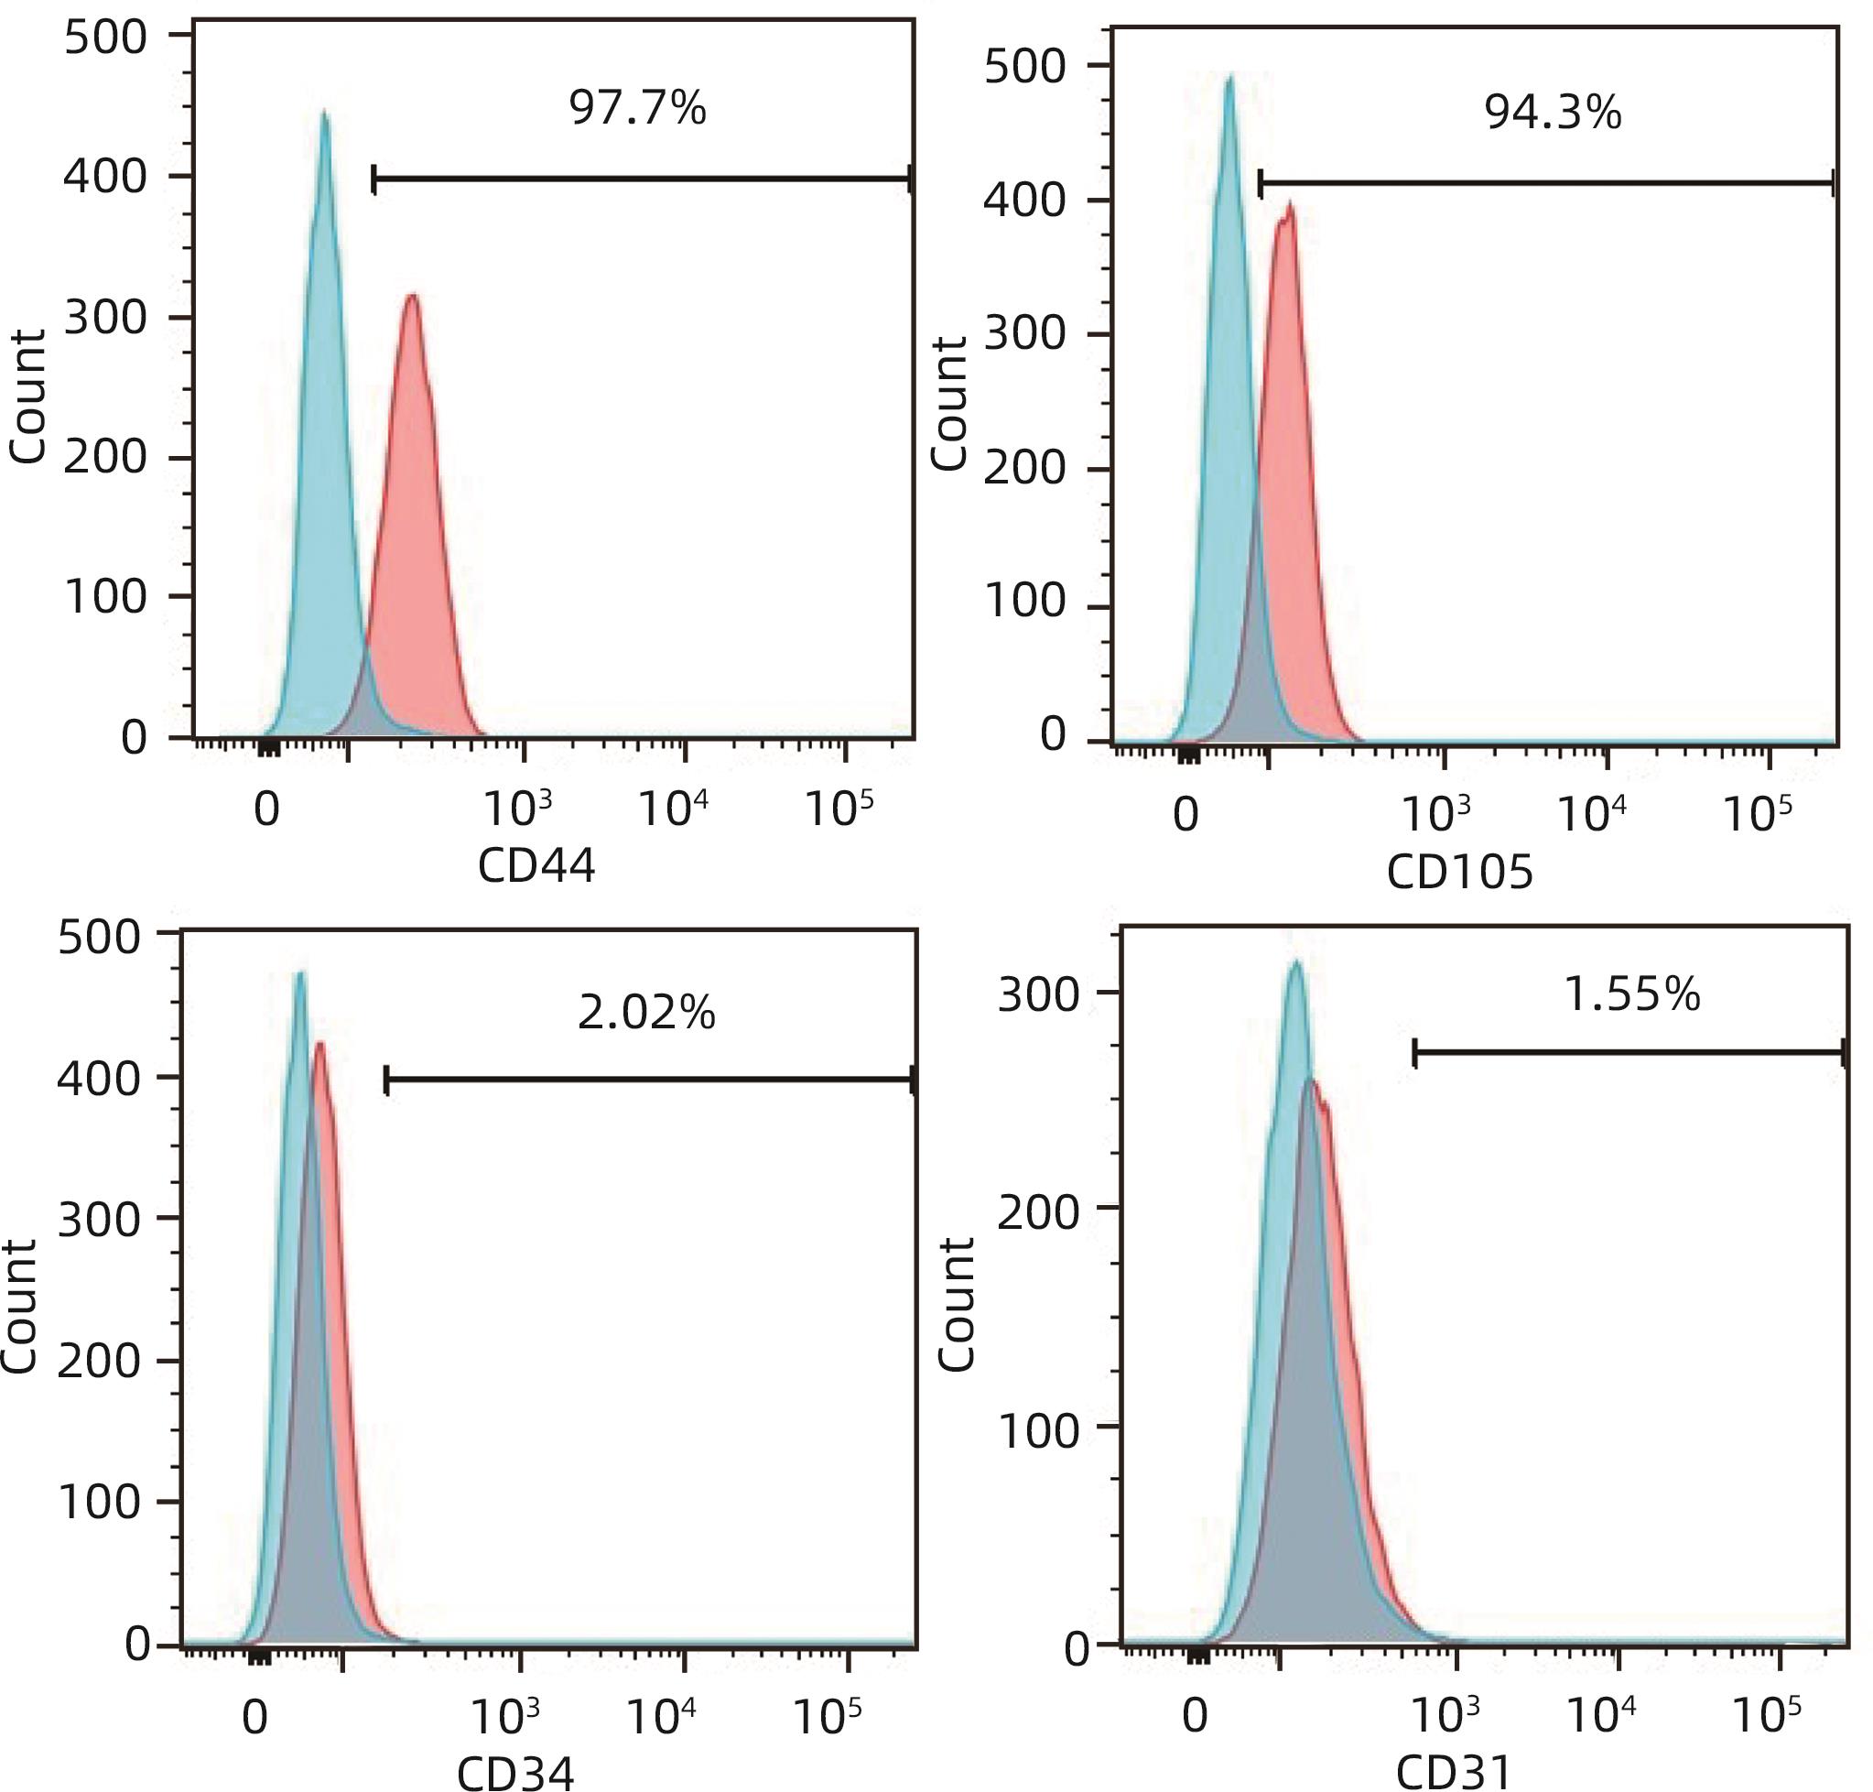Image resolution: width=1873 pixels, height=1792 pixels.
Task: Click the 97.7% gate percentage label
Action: tap(637, 108)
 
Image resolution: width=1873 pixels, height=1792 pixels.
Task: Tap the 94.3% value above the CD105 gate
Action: tap(1552, 114)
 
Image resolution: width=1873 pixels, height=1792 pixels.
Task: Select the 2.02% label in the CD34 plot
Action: tap(645, 1013)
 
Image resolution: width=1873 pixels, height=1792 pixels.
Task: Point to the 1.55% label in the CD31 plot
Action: tap(1631, 994)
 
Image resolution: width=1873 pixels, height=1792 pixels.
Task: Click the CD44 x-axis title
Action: tap(536, 866)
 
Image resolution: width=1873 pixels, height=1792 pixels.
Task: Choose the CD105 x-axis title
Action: tap(1458, 871)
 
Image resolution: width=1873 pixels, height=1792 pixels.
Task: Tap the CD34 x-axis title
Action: tap(515, 1773)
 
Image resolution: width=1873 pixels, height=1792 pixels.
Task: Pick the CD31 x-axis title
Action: tap(1454, 1773)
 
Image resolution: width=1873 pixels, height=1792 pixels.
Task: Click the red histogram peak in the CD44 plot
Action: tap(412, 297)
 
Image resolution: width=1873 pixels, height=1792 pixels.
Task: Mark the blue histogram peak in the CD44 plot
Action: tap(325, 114)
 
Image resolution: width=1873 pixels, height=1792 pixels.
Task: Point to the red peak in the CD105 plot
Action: tap(1290, 205)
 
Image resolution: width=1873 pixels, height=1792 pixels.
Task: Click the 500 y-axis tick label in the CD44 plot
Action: tap(106, 38)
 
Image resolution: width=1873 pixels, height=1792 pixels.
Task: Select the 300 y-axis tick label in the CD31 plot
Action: tap(1038, 995)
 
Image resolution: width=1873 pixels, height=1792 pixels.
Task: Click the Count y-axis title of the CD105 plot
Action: tap(949, 403)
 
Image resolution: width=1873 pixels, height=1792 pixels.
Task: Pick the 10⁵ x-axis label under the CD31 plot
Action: tap(1766, 1715)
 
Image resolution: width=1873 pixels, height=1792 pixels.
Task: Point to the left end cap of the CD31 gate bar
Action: tap(1414, 1054)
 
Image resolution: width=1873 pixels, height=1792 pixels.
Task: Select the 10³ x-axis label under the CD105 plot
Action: tap(1435, 813)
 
